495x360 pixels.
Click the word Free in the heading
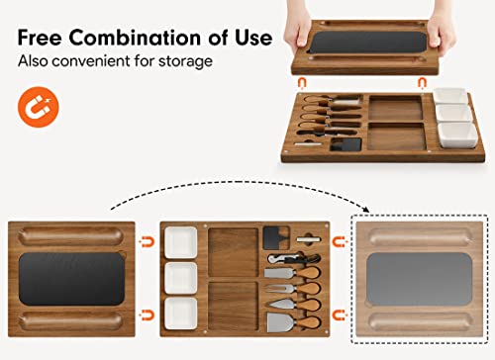pyautogui.click(x=47, y=39)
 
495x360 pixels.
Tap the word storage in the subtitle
pyautogui.click(x=189, y=61)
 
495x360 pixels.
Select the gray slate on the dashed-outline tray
pyautogui.click(x=421, y=278)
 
